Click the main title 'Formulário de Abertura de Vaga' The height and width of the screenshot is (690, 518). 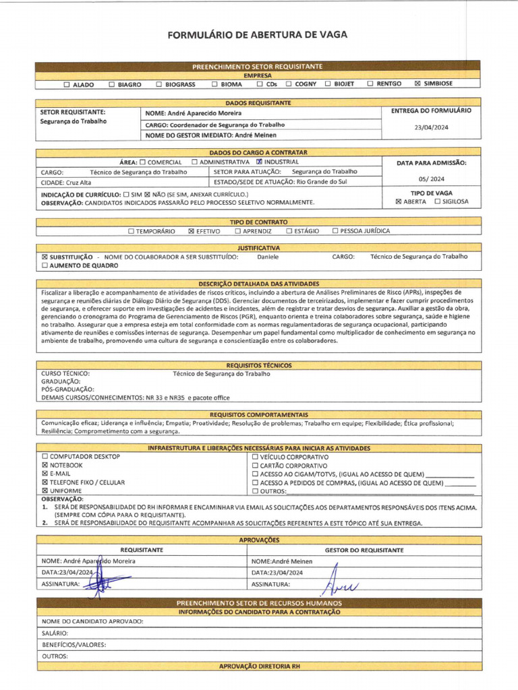(x=258, y=35)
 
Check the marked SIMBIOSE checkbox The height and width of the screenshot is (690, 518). (x=418, y=84)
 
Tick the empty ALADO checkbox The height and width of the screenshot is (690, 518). (x=66, y=84)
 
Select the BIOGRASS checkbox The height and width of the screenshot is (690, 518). (x=159, y=84)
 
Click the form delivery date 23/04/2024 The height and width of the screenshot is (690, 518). (x=431, y=127)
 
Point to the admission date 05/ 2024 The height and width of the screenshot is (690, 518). (x=431, y=179)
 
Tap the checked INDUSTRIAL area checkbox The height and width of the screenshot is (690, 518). (x=259, y=162)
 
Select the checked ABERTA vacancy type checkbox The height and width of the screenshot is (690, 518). (x=399, y=201)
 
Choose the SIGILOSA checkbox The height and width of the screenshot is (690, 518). (x=438, y=201)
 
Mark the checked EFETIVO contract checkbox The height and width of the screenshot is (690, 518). (x=191, y=231)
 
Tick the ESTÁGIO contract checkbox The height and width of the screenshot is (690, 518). (x=289, y=231)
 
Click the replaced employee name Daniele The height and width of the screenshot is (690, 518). (x=268, y=257)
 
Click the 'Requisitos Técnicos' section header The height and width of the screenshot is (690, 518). (x=259, y=365)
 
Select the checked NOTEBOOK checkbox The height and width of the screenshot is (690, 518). (x=45, y=465)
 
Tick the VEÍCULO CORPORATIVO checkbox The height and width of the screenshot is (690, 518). (x=255, y=457)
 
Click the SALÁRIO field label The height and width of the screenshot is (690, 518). (x=55, y=633)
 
